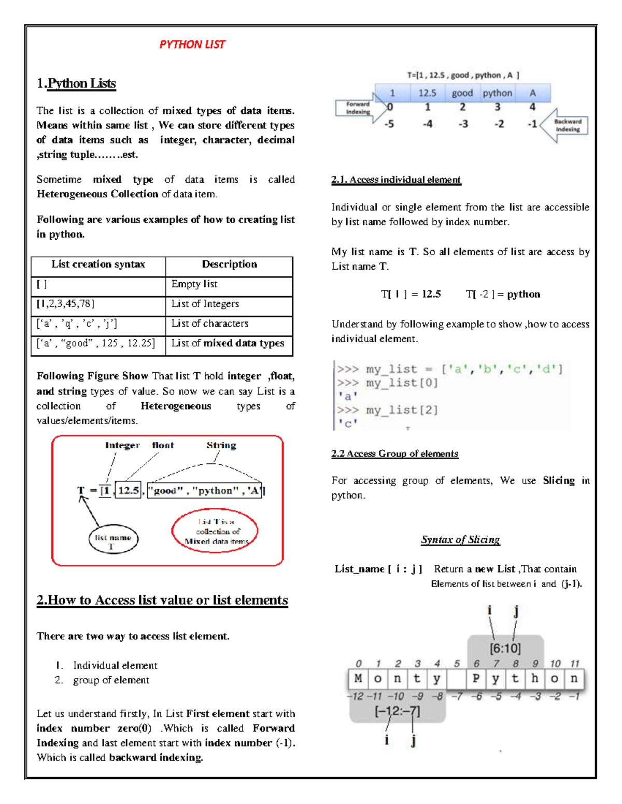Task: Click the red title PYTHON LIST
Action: (192, 45)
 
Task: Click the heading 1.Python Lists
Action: (76, 83)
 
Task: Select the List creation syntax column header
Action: (98, 265)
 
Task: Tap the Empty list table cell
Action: (194, 284)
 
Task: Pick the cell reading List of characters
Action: (210, 324)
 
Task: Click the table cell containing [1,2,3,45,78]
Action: (65, 304)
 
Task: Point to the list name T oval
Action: (113, 540)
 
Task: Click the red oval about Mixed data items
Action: (215, 531)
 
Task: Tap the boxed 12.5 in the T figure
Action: (128, 490)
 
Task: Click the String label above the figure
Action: (221, 445)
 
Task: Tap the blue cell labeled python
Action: (497, 93)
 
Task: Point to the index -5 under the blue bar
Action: (389, 124)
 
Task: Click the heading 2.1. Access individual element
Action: (395, 180)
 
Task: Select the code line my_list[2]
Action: (402, 410)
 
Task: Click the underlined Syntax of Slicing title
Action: (460, 540)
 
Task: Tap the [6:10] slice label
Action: (505, 648)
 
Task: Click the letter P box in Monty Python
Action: (476, 679)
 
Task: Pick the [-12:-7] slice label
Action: (397, 711)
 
